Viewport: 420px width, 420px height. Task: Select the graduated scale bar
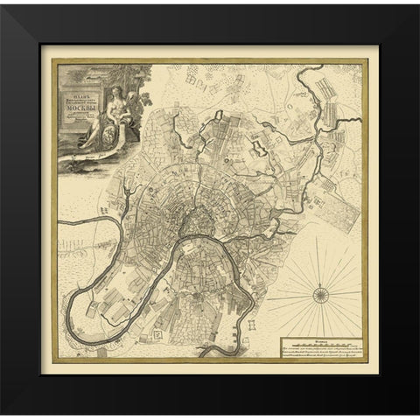click(320, 339)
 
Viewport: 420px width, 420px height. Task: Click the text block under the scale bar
click(320, 350)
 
